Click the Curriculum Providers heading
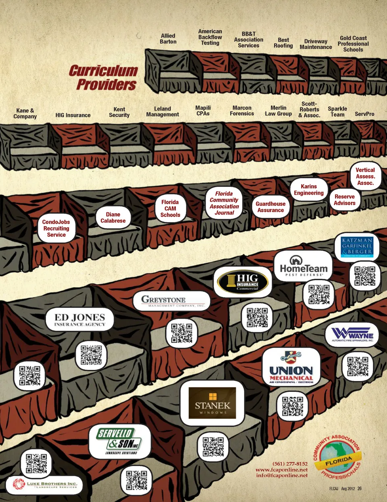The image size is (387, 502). (x=104, y=77)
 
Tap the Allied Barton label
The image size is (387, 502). (x=168, y=39)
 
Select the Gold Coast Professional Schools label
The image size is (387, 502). (x=353, y=44)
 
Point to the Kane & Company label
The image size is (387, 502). (x=25, y=113)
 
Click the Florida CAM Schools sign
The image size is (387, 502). (x=170, y=208)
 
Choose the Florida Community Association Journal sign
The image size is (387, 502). (x=224, y=203)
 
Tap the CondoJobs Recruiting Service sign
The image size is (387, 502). (x=56, y=228)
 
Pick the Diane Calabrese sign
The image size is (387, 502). (x=113, y=218)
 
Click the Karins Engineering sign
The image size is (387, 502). (x=308, y=190)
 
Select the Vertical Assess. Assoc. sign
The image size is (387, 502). (x=365, y=177)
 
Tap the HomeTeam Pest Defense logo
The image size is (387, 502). (x=303, y=266)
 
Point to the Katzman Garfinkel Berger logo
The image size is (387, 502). (x=357, y=247)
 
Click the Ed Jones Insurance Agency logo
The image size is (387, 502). (x=79, y=320)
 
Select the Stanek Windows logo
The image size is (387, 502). (x=212, y=403)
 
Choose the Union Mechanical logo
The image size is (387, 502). (x=291, y=368)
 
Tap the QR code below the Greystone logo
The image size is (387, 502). (x=181, y=333)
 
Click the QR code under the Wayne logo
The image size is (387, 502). (x=358, y=367)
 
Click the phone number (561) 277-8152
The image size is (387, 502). (x=290, y=464)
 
